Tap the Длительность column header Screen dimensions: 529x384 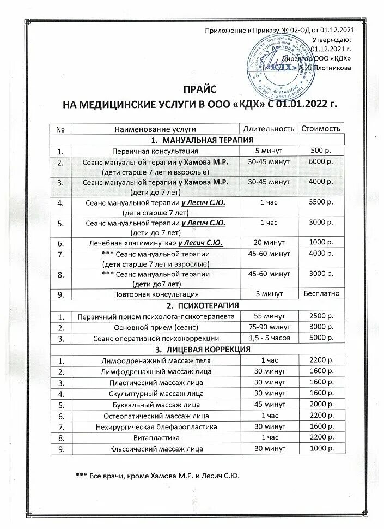269,129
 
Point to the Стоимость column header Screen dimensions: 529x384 320,129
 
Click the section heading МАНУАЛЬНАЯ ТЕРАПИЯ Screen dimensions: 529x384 198,140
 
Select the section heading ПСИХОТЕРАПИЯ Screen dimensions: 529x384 198,305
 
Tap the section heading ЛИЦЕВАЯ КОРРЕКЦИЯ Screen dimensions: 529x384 198,349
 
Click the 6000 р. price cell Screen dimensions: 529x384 320,163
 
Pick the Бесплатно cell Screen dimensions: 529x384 320,294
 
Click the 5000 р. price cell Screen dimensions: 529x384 320,338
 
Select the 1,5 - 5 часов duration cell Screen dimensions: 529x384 269,338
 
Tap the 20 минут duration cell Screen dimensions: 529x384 269,243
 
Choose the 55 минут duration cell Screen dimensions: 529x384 269,316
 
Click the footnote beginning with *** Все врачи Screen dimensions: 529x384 158,476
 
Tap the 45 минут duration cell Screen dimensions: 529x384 269,405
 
